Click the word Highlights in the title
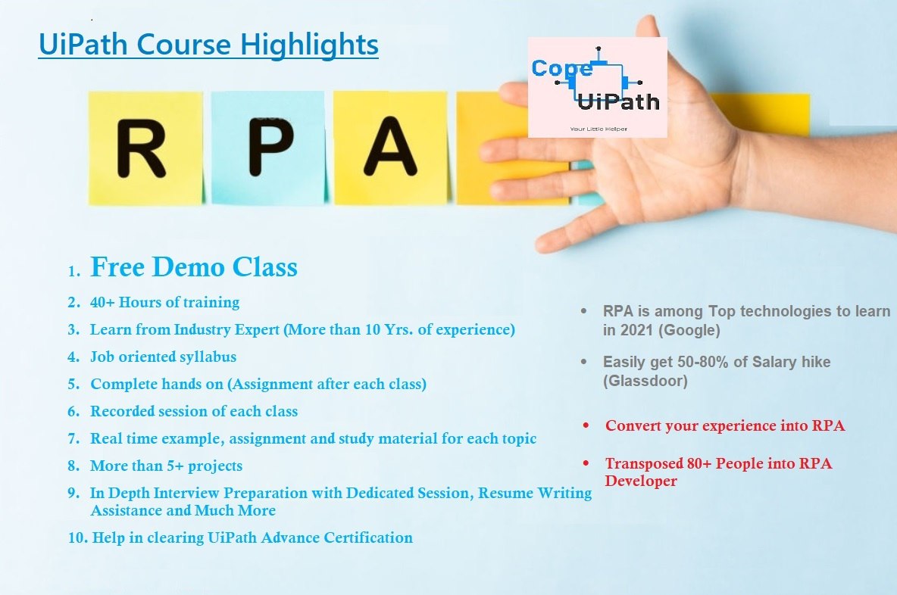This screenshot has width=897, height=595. coord(309,45)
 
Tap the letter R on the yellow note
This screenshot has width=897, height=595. coord(141,148)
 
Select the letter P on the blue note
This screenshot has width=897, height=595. coord(270,147)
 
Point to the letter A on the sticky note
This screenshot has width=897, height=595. coord(391,146)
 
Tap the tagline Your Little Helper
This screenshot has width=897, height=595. coord(599,129)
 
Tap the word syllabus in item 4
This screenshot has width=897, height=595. coord(208,357)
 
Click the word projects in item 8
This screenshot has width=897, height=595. coord(215,466)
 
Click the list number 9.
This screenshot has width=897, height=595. coord(73,494)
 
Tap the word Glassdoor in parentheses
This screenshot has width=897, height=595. coord(645,382)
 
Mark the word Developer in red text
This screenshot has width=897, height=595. coord(641,481)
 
